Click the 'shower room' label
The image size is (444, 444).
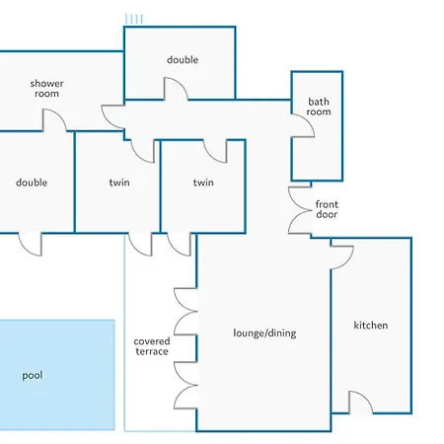(x=46, y=89)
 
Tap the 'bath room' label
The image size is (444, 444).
(x=319, y=107)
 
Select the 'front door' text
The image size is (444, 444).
(x=327, y=209)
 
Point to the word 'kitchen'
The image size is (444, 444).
(x=371, y=326)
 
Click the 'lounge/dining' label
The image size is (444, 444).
(x=264, y=333)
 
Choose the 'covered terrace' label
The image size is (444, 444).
(x=152, y=346)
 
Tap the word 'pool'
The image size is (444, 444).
(x=33, y=375)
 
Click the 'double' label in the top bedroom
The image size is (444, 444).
(x=183, y=60)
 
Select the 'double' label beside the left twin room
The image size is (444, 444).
(x=32, y=183)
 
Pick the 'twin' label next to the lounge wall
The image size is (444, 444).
(x=203, y=183)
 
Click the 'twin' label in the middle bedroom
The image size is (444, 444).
(x=119, y=183)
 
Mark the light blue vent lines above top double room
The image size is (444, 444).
(x=134, y=19)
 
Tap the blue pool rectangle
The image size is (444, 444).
(x=57, y=375)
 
